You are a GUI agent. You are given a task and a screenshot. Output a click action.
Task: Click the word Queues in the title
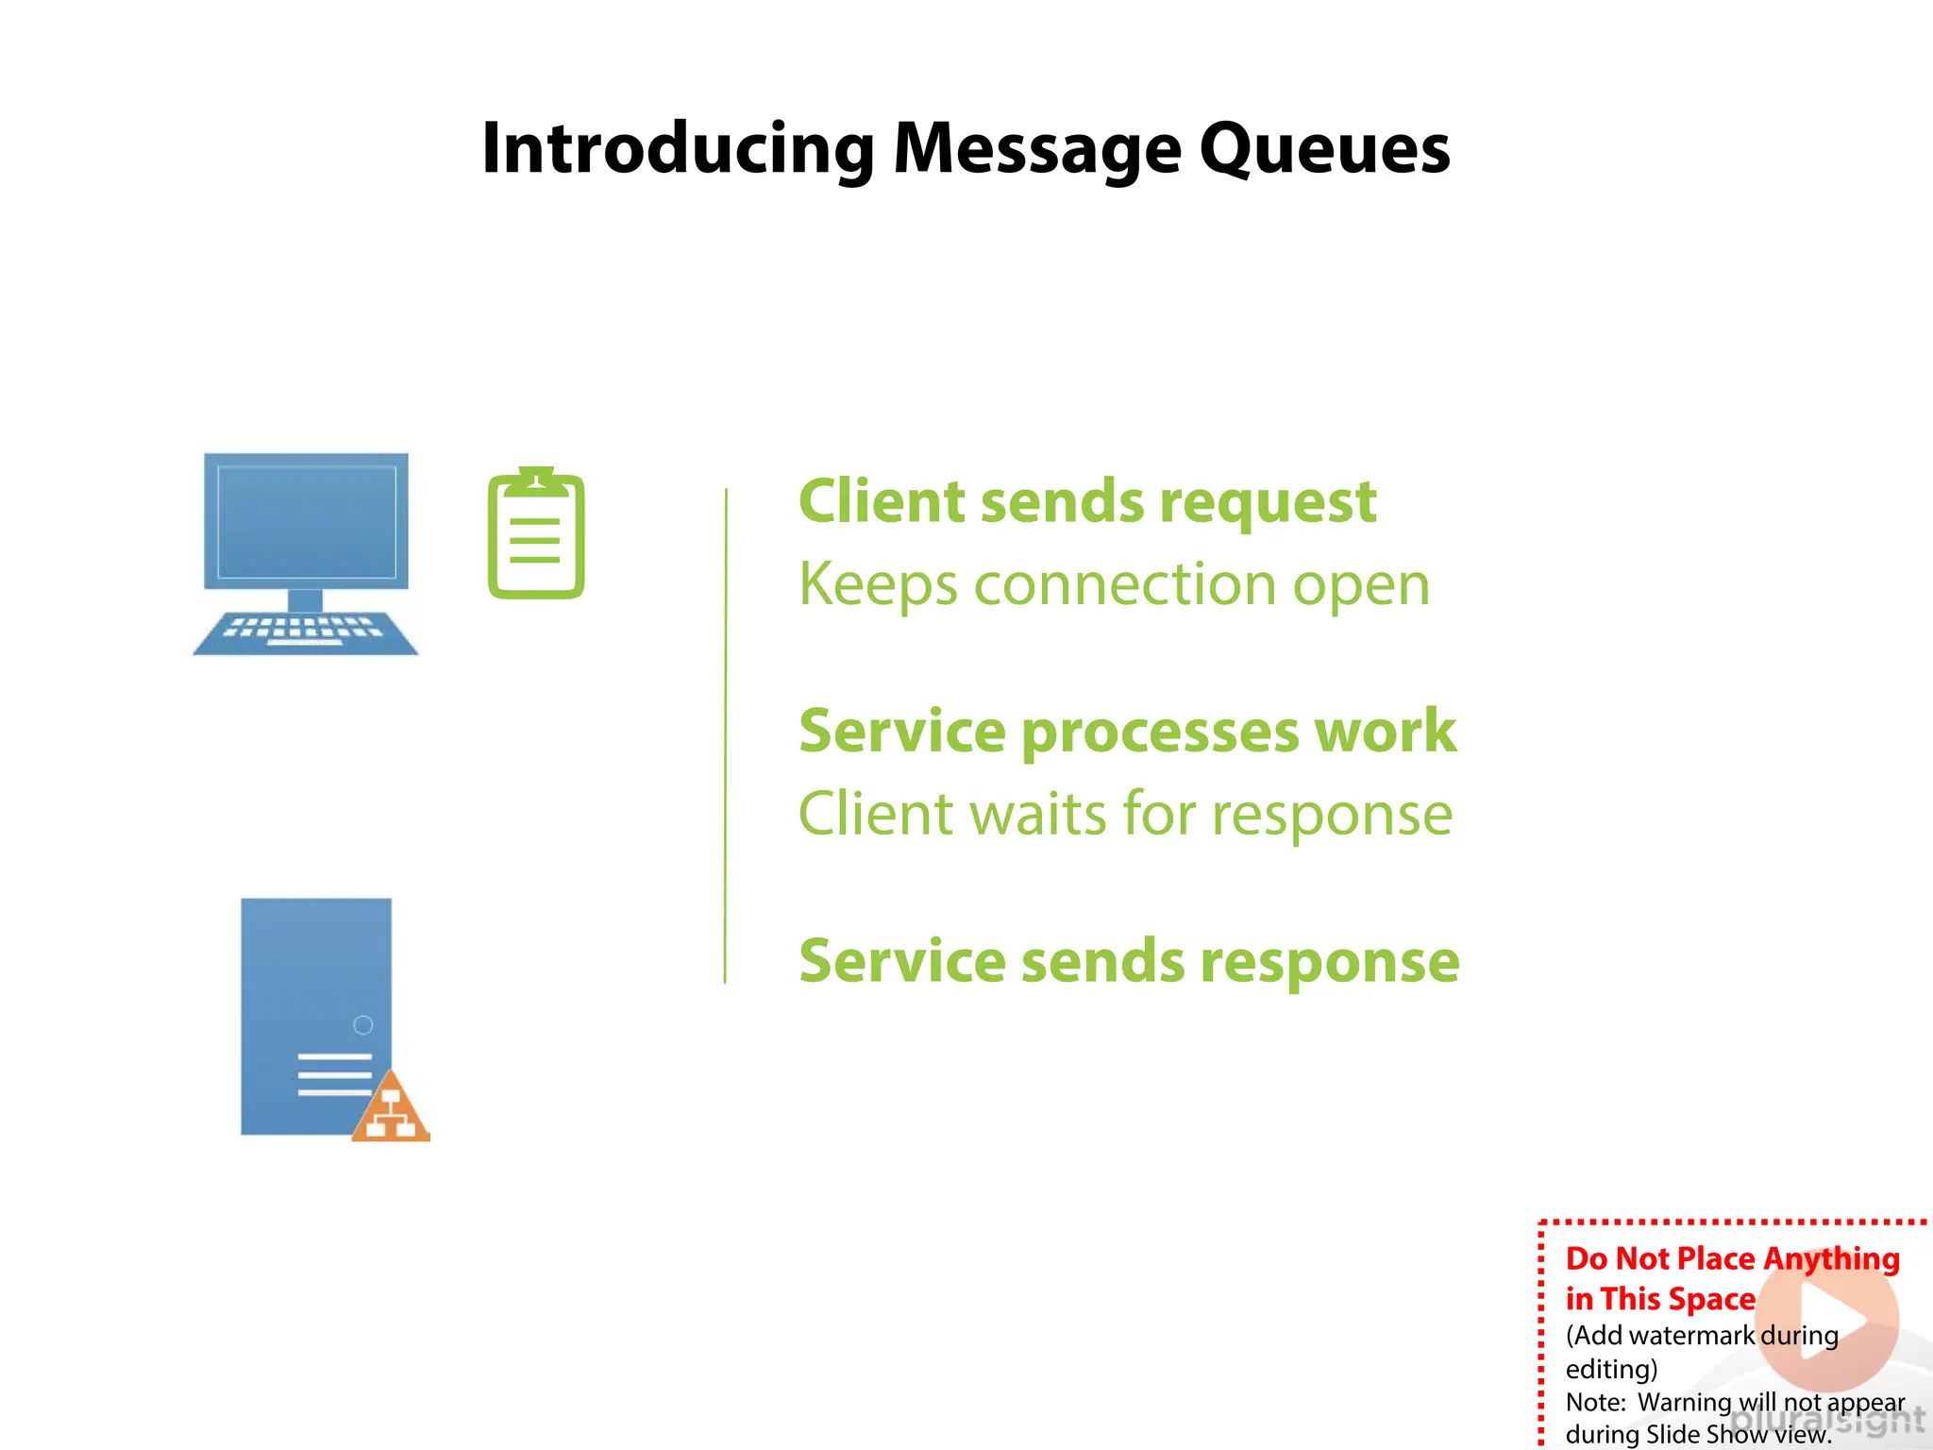(1324, 149)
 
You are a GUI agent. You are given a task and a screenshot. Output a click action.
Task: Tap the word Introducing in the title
(678, 149)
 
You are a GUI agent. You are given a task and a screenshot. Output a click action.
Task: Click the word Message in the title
(1036, 149)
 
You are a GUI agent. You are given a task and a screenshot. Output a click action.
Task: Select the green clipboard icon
(536, 534)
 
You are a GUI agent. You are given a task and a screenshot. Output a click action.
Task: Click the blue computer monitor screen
(307, 521)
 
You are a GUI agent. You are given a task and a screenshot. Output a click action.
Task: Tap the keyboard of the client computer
(305, 632)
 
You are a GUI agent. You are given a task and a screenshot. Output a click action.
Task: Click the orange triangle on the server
(392, 1110)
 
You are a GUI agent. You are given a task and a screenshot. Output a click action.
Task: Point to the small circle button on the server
(362, 1025)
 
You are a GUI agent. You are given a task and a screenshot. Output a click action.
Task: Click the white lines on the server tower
(334, 1075)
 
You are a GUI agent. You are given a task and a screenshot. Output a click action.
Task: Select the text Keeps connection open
(1114, 584)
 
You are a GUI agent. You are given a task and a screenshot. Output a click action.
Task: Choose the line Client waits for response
(1125, 814)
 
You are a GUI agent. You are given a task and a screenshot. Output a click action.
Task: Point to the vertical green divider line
(725, 736)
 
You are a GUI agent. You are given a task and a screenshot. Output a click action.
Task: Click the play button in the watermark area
(1827, 1320)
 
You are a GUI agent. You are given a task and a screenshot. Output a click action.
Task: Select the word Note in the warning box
(1593, 1402)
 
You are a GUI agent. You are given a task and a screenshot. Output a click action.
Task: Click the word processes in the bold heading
(1159, 733)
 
